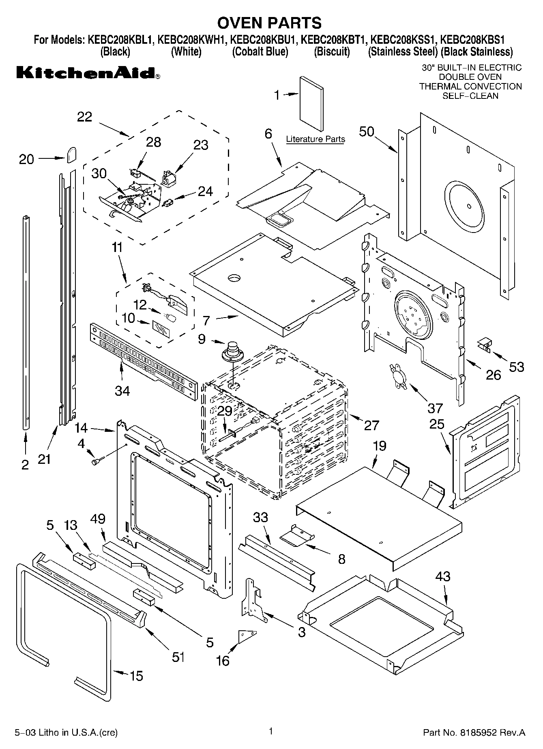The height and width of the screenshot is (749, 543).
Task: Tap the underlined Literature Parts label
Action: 315,139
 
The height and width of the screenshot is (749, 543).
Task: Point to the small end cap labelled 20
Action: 71,155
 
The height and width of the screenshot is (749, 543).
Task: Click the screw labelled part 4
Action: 97,460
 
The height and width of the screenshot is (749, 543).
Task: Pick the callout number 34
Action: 122,391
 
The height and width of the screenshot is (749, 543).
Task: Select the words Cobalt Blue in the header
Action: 260,52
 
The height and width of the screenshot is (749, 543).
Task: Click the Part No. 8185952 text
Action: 474,732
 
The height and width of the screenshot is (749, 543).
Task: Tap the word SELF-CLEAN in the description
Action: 470,96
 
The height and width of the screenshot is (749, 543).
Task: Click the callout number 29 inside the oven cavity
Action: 224,411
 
